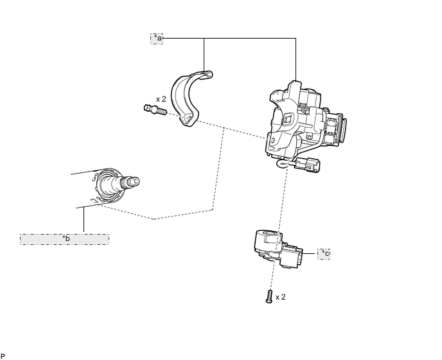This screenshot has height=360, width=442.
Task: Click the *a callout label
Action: (157, 39)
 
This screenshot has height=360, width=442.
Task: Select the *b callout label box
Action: (64, 239)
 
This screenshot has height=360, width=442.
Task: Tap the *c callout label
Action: (324, 254)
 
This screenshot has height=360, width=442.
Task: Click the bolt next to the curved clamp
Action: (155, 110)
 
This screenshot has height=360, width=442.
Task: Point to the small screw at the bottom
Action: (269, 297)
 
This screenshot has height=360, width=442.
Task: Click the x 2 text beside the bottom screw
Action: (281, 297)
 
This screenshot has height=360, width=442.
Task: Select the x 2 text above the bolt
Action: (161, 99)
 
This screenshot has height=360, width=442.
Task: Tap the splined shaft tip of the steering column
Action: (133, 181)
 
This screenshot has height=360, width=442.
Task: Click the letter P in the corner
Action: (3, 356)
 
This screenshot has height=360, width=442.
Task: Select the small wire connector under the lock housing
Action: (308, 165)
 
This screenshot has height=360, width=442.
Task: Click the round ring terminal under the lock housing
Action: (281, 164)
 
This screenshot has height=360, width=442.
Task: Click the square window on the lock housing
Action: (288, 118)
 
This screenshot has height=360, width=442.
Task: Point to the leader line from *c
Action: (309, 254)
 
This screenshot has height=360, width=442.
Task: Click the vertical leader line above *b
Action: (84, 219)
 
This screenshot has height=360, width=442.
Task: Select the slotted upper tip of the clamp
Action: (207, 75)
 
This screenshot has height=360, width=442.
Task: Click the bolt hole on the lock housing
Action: (272, 139)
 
